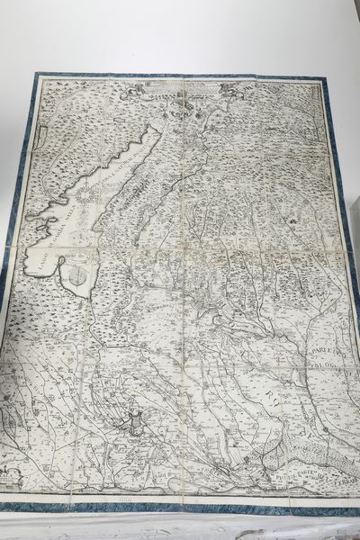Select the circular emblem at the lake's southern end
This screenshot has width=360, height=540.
pos(79,269)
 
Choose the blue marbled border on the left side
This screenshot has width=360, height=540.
pos(11,270)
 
